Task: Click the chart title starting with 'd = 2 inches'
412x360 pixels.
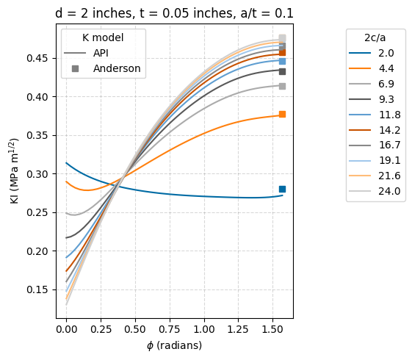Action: tap(175, 12)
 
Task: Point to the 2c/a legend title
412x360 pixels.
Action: tap(375, 37)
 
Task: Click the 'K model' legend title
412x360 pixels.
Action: tap(103, 37)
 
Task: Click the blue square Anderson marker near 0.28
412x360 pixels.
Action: tap(282, 189)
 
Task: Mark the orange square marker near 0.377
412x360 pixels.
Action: tap(282, 114)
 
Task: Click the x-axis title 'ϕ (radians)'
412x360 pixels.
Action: tap(175, 345)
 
